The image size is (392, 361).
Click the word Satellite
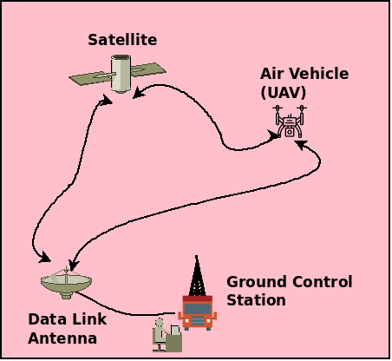point(121,40)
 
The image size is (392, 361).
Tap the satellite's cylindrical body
point(122,73)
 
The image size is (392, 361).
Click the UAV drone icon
point(290,122)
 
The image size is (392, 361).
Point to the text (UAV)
point(283,92)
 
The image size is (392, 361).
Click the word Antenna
point(62,338)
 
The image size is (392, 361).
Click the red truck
point(197,312)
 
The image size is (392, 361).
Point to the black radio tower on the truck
point(195,276)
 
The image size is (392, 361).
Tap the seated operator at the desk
point(162,334)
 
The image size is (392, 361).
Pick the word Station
point(256,301)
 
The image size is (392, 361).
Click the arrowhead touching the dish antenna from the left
point(45,259)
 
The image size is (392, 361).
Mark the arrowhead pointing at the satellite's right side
point(142,90)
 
